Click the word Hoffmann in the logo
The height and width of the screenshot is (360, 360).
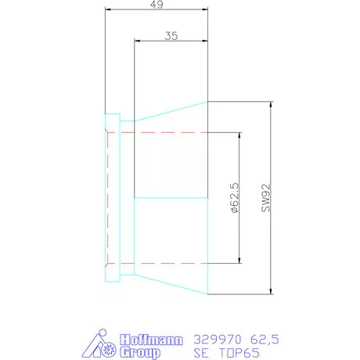coord(150,340)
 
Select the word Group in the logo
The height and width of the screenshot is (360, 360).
coord(141,352)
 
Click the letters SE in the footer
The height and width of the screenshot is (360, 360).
coord(200,353)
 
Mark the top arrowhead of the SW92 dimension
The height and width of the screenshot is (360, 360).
coord(271,105)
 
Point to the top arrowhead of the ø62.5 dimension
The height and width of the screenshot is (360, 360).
coord(239,135)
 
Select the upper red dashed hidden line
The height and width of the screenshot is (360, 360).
coord(172,132)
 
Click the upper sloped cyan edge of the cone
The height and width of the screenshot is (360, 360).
coord(172,110)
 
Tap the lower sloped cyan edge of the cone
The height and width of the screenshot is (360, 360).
coord(172,286)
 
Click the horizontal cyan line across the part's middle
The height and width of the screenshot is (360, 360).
coord(172,198)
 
